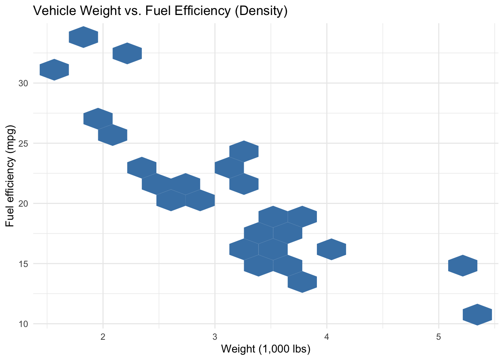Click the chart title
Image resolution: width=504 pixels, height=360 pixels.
(160, 11)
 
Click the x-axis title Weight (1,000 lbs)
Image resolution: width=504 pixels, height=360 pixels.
(265, 349)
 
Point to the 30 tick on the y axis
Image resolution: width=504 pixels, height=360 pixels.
(24, 83)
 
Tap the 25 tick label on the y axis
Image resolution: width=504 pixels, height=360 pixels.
(24, 144)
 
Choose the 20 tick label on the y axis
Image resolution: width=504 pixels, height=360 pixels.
(24, 204)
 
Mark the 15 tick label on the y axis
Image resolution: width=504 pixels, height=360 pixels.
(24, 264)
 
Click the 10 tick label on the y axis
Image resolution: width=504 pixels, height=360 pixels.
(24, 324)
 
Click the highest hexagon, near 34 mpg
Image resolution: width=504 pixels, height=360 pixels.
(84, 37)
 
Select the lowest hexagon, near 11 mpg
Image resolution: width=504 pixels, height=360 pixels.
(477, 315)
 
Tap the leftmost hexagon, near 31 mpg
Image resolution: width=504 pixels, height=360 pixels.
(54, 70)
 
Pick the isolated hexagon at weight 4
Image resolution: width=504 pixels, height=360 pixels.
(331, 249)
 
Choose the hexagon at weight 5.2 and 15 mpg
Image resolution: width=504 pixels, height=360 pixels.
(463, 265)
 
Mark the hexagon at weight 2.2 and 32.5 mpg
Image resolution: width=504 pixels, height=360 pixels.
(127, 53)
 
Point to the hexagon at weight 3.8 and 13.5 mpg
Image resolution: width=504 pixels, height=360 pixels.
(302, 282)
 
